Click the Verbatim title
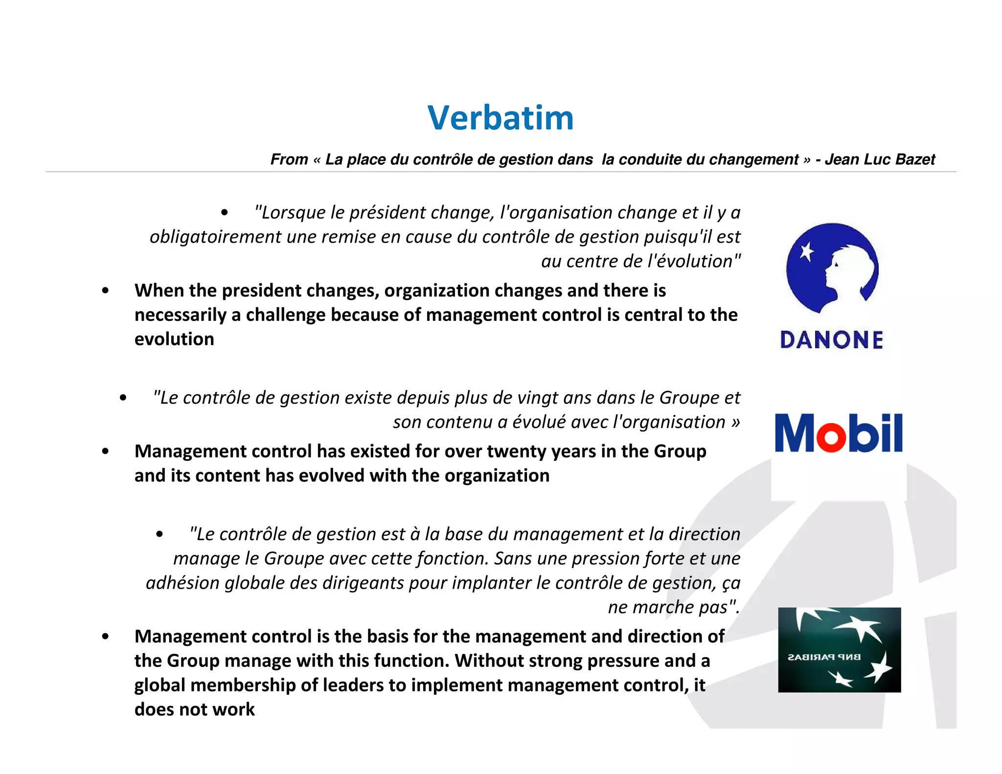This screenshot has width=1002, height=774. click(x=500, y=118)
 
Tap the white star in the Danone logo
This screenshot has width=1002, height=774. click(x=806, y=252)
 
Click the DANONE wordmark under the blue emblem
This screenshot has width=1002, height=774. click(x=831, y=340)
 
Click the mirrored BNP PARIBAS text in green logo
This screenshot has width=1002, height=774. click(x=824, y=657)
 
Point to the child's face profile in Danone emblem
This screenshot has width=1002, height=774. click(x=832, y=274)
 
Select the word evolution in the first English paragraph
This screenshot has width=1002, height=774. click(x=174, y=339)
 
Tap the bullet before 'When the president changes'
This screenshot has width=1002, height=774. click(x=105, y=291)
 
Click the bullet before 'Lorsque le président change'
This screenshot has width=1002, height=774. click(x=224, y=213)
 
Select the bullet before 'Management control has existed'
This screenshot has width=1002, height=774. click(x=105, y=451)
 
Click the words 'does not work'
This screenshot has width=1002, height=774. click(x=194, y=709)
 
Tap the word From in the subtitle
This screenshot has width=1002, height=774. click(x=289, y=159)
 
